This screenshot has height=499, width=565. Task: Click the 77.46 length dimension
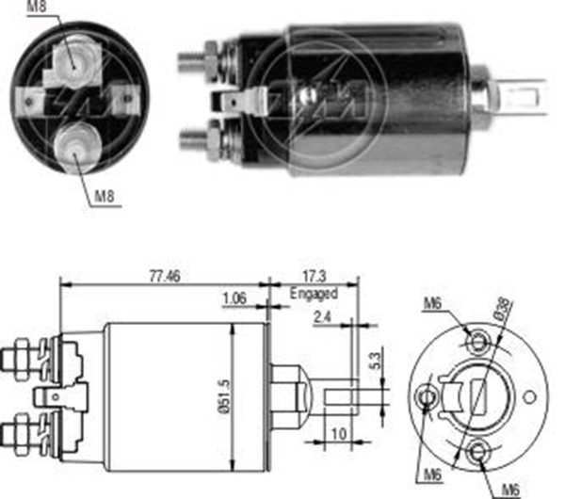(165, 277)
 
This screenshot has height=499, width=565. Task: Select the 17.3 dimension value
(315, 277)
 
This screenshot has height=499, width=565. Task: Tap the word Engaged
(314, 293)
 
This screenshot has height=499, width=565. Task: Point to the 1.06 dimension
(234, 298)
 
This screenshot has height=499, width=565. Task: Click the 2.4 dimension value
(322, 317)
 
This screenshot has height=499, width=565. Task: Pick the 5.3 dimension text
(375, 361)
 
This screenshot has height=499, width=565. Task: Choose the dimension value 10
(339, 434)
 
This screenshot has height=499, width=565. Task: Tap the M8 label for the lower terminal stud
(105, 196)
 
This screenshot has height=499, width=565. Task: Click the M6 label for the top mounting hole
(432, 303)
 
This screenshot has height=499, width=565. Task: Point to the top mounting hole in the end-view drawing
(478, 341)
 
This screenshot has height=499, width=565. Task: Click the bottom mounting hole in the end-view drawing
(478, 452)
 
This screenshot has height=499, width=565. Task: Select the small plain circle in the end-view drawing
(529, 397)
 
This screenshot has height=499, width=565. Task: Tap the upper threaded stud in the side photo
(198, 60)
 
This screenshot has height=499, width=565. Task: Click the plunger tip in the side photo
(525, 97)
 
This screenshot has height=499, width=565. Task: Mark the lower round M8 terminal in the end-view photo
(76, 146)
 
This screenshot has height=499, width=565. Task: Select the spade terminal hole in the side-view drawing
(56, 397)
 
